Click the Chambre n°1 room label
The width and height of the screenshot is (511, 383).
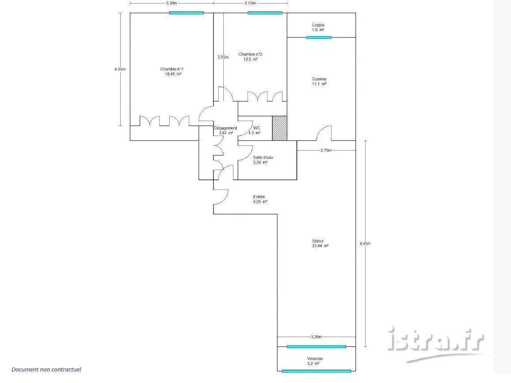coord(172,69)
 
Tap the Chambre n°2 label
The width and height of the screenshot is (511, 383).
coord(250,54)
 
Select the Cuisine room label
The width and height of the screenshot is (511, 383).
coord(319,79)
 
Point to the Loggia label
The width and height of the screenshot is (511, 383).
coord(318,25)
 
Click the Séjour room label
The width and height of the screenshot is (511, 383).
coord(318,241)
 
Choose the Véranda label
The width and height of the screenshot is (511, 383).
coord(315,359)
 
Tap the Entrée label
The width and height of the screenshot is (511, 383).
coord(259,197)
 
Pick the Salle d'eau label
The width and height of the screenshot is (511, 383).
coord(263,157)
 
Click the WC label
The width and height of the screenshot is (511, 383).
coord(256,128)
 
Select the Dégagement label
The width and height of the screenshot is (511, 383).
coord(225,128)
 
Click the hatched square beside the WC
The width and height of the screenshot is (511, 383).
coord(280,128)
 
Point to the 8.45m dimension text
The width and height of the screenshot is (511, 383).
coord(365,243)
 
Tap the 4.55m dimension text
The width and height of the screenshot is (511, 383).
coord(120,69)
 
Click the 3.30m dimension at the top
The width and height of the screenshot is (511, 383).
coord(172,3)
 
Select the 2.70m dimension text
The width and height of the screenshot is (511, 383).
coord(326,151)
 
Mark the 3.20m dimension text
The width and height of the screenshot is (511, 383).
coord(316,337)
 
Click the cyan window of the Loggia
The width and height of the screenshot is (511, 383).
coord(319,38)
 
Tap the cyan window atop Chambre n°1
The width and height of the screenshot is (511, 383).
coord(187,13)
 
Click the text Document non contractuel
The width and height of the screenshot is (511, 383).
coord(46,369)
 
